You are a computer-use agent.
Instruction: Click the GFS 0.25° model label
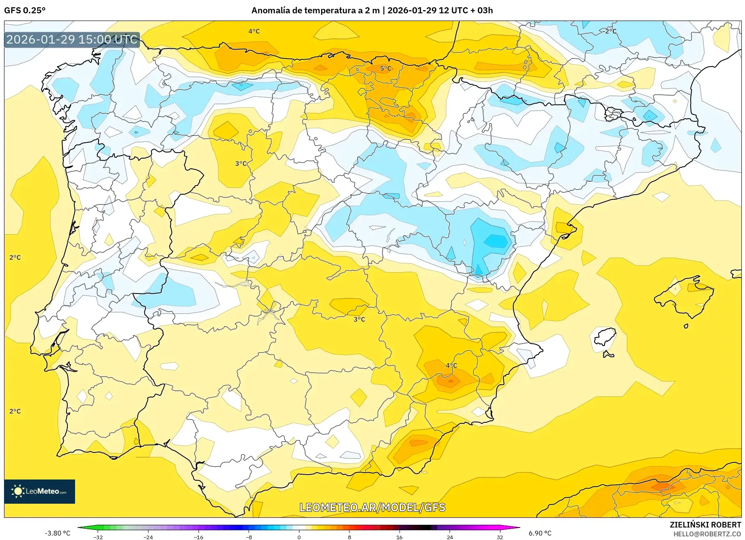click(25, 10)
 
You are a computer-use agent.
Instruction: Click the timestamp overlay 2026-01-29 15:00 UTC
click(72, 40)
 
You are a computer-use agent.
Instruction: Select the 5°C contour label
click(385, 69)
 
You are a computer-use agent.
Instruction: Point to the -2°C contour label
click(608, 31)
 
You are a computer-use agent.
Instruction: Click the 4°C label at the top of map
click(254, 31)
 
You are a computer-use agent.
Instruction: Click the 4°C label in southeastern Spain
click(451, 365)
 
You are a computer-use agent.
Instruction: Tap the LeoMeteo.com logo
click(40, 491)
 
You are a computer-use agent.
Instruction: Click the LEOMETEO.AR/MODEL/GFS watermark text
click(372, 507)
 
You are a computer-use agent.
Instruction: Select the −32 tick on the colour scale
click(98, 537)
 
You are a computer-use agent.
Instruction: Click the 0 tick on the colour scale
click(299, 537)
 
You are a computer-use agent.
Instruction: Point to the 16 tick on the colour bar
click(399, 537)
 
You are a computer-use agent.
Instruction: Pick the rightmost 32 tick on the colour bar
click(500, 537)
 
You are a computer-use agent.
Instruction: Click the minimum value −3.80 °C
click(57, 533)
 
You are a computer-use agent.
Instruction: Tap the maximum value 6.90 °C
click(540, 533)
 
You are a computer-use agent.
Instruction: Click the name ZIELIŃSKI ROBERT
click(705, 525)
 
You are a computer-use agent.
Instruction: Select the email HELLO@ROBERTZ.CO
click(707, 534)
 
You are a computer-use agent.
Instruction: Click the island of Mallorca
click(684, 295)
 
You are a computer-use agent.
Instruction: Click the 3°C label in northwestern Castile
click(241, 163)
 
